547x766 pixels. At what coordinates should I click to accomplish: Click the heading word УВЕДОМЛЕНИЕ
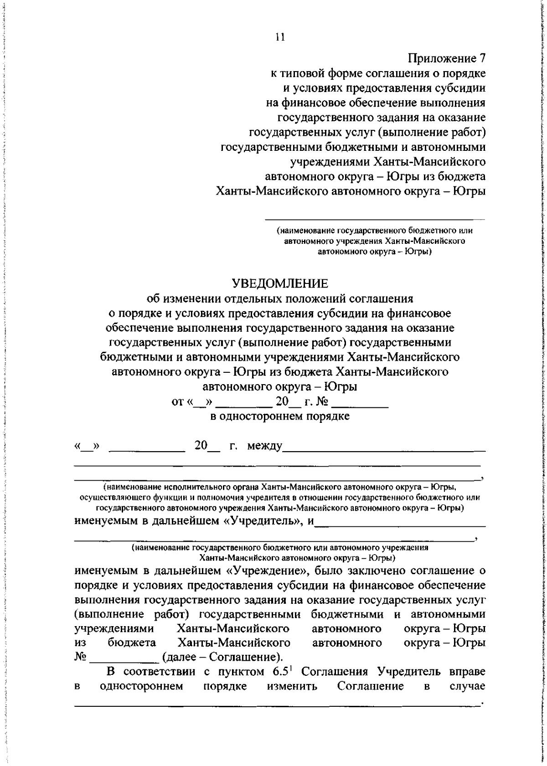coord(287,283)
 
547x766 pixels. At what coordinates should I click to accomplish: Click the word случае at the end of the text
coord(468,686)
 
